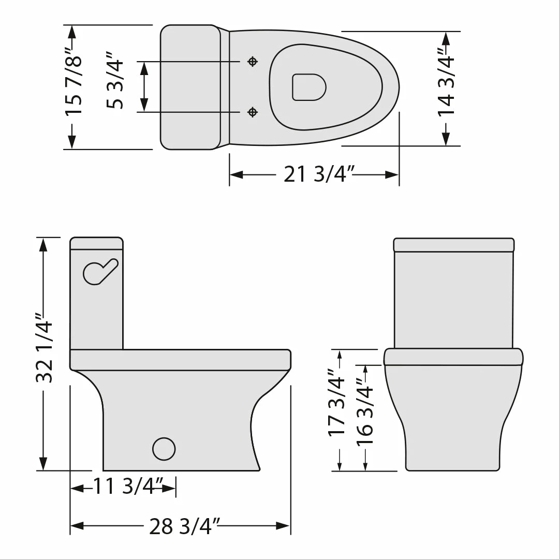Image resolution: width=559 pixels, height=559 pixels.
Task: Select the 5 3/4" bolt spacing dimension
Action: coord(115,80)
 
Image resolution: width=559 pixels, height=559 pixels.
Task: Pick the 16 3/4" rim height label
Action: coord(365,412)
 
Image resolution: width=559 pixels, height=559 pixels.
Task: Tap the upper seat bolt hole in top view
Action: coord(253,62)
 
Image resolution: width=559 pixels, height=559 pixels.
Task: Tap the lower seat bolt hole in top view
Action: coord(253,112)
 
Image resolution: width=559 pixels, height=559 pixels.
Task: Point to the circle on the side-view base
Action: coord(164,448)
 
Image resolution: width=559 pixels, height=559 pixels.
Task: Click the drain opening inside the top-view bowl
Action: coord(308,87)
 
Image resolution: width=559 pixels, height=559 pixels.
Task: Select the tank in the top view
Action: coord(190,87)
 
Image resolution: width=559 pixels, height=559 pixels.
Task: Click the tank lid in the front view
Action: coord(454,245)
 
